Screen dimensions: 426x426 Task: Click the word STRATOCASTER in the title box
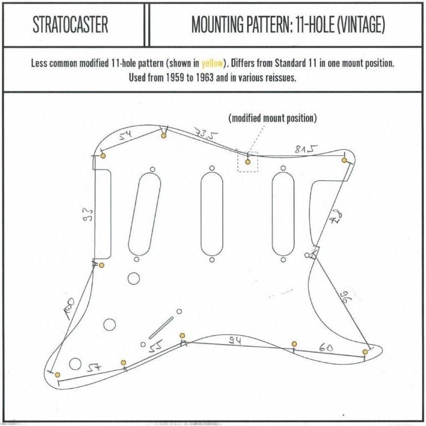pos(70,24)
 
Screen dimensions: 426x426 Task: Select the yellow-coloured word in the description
pos(212,63)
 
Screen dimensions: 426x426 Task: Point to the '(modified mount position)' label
pos(272,118)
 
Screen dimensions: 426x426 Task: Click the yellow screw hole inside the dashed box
pos(248,162)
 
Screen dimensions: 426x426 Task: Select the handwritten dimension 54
pos(126,134)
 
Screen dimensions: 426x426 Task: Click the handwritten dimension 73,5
pos(206,134)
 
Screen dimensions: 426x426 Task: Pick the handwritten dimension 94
pos(235,341)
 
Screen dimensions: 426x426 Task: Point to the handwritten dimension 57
pos(94,368)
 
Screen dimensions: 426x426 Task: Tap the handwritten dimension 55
pos(156,346)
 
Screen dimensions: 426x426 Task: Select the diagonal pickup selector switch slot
pos(161,327)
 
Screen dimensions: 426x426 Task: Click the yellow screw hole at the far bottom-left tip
pos(57,375)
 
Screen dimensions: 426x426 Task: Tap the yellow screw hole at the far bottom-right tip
pos(365,352)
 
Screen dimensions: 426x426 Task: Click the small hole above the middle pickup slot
pos(212,168)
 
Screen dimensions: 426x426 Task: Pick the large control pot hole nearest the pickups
pos(134,278)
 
